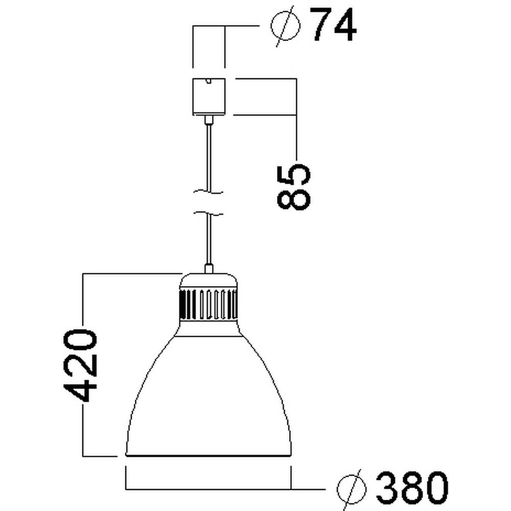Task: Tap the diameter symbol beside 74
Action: (286, 26)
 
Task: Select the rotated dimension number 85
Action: (293, 187)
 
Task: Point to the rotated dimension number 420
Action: (80, 365)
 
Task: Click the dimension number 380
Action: (412, 488)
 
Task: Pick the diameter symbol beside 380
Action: (352, 489)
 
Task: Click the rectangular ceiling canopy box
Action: (209, 97)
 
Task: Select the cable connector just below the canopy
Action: (208, 120)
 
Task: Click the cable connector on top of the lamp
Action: (208, 269)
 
